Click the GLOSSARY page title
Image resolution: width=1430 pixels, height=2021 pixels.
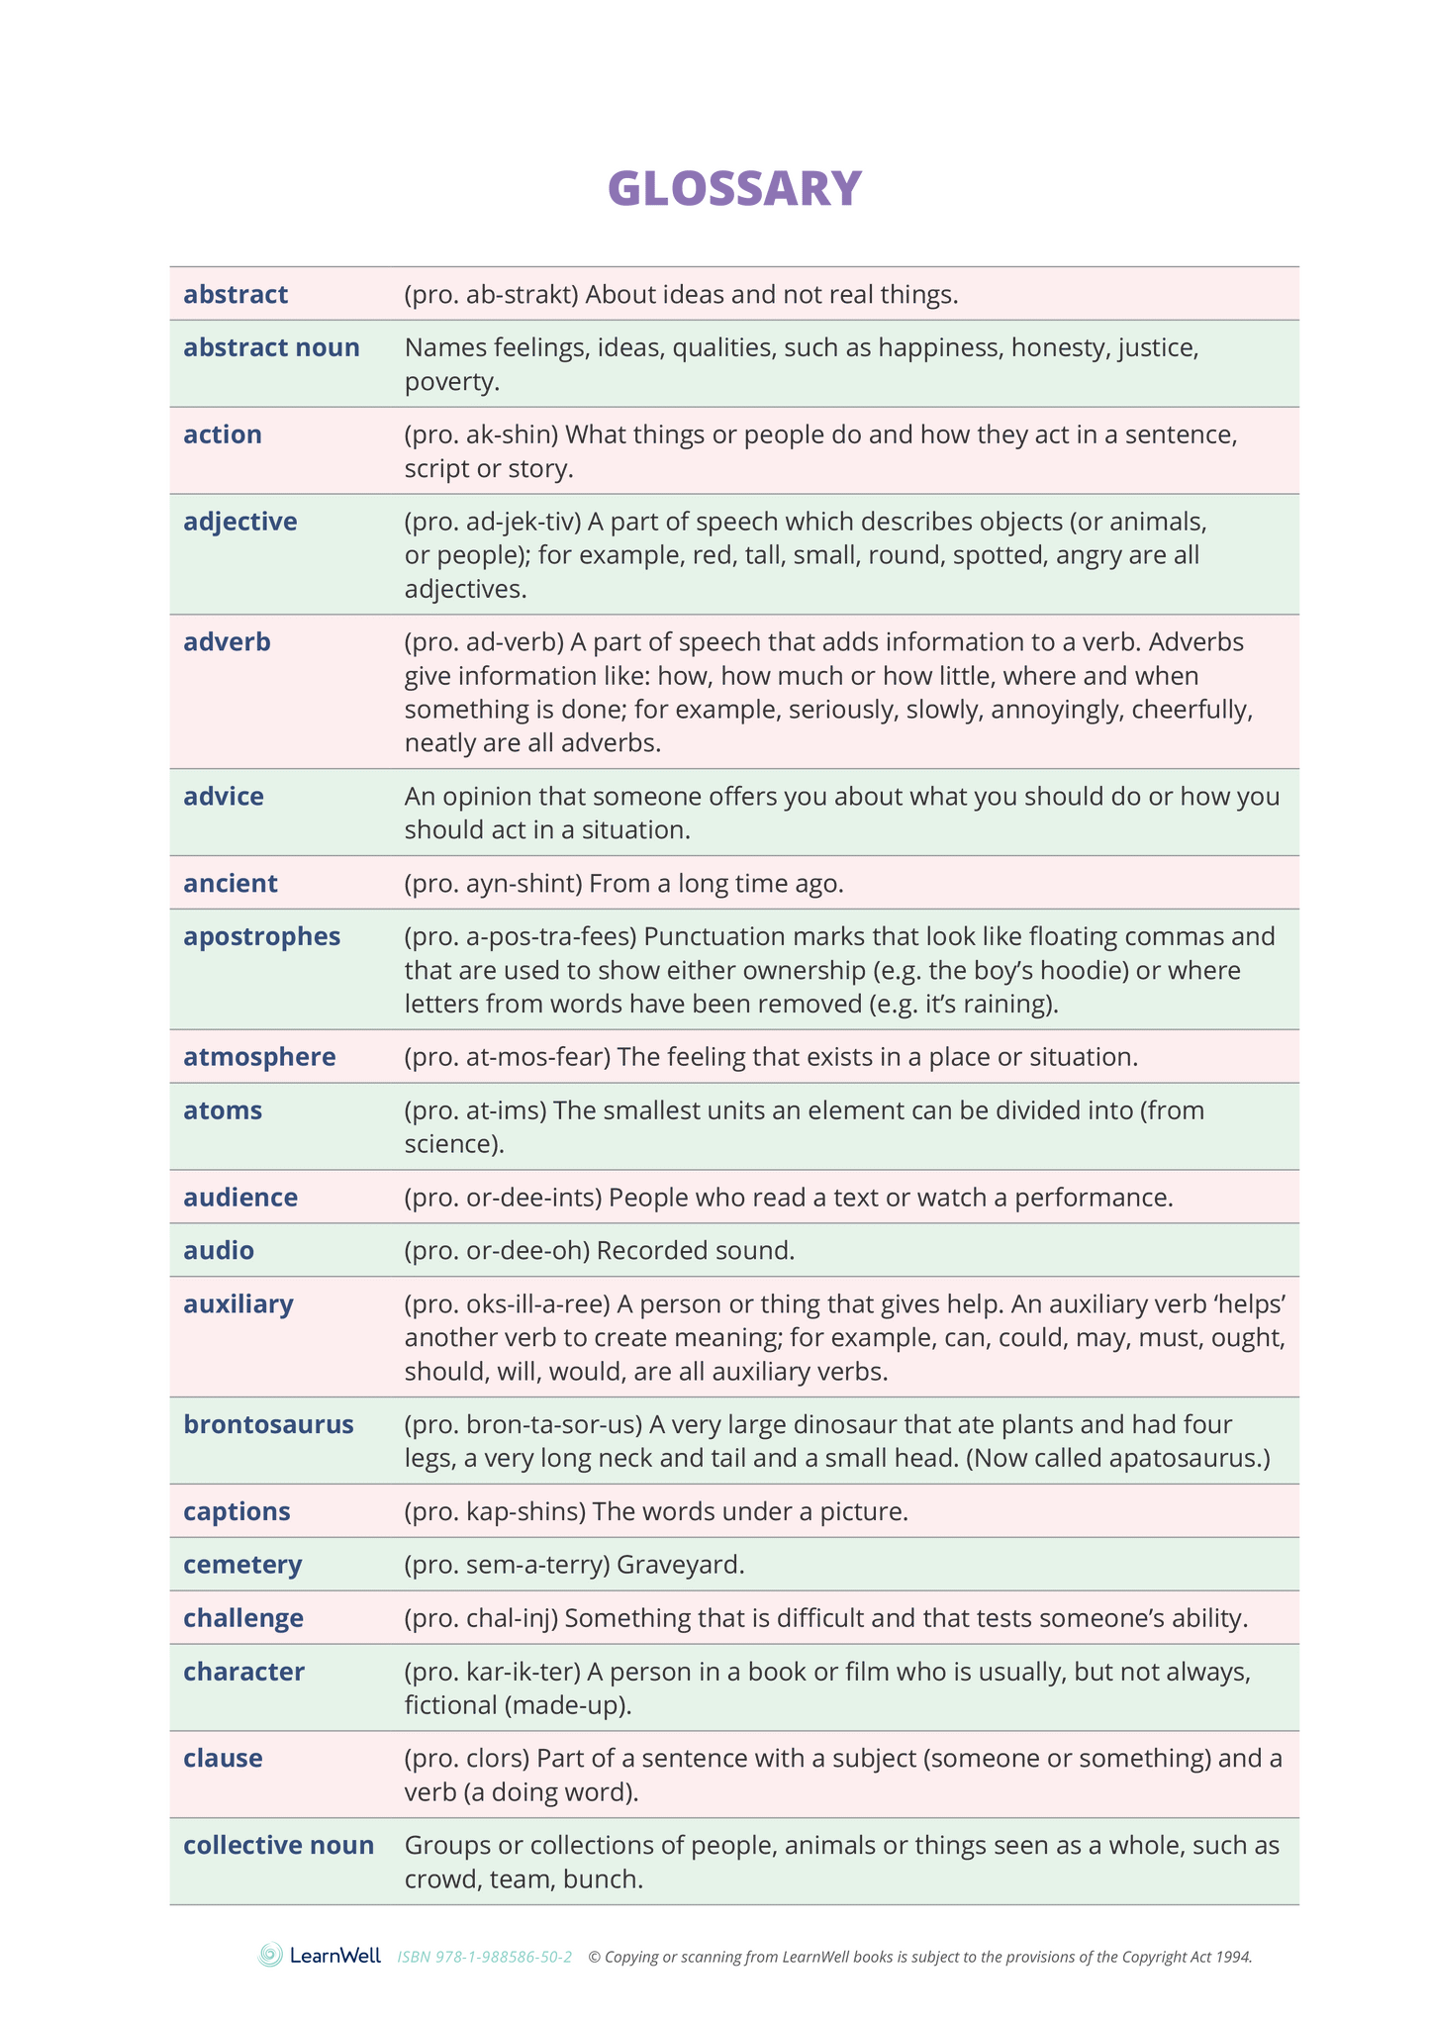click(734, 188)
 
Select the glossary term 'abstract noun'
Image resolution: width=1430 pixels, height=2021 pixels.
click(271, 348)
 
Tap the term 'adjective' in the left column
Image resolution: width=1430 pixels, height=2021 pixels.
click(240, 522)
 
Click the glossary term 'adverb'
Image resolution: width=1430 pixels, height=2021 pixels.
click(227, 642)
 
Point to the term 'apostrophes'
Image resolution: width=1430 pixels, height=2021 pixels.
click(261, 936)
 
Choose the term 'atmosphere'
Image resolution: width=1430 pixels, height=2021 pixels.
click(259, 1057)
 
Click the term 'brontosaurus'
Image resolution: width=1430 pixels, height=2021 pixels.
click(268, 1425)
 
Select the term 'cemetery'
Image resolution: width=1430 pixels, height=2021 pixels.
click(242, 1565)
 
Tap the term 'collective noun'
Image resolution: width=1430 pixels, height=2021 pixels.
click(278, 1845)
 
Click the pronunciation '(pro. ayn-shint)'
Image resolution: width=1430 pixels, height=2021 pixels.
click(492, 884)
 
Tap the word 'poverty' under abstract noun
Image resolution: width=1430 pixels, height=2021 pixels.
click(450, 382)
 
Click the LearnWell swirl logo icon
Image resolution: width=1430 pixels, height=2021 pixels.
click(270, 1955)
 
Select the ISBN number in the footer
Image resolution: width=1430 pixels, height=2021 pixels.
click(484, 1957)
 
